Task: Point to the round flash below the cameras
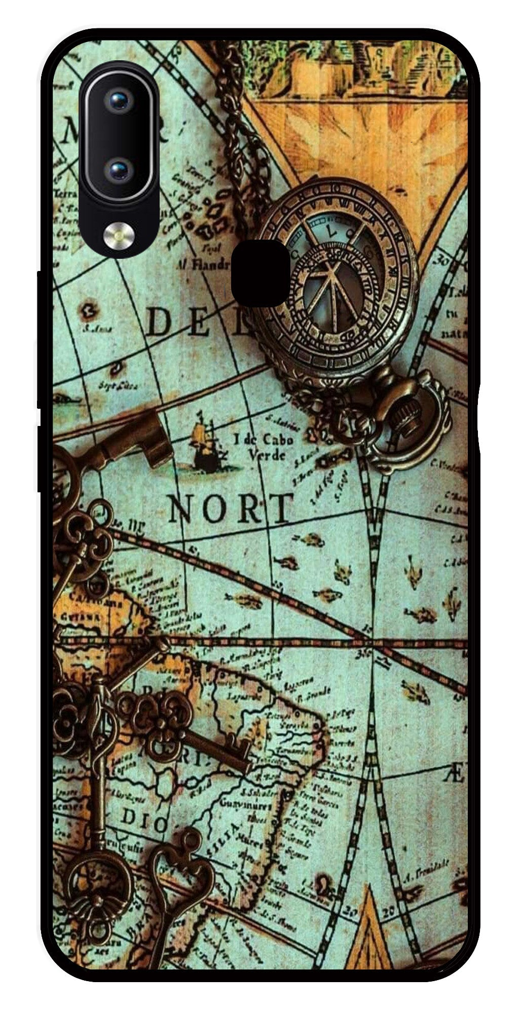(120, 234)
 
